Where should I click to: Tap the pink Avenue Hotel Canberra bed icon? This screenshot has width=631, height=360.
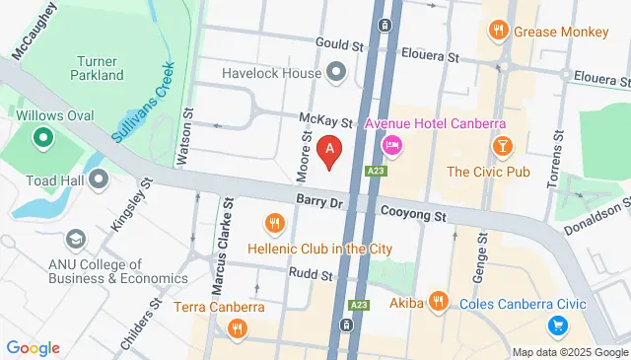coord(391,146)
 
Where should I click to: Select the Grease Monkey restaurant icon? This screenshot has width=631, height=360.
coord(500,31)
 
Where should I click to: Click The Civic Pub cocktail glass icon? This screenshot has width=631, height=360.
coord(503,146)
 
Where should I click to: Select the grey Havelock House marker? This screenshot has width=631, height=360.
coord(337,72)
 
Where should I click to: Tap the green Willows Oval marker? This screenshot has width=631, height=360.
coord(42,139)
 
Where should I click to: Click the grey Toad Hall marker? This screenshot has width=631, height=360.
coord(99,179)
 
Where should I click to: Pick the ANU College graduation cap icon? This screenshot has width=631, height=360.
coord(75,240)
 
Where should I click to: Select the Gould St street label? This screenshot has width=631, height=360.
coord(339,43)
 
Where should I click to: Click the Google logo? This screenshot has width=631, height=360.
coord(33,347)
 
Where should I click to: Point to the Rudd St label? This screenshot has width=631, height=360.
coord(311,273)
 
